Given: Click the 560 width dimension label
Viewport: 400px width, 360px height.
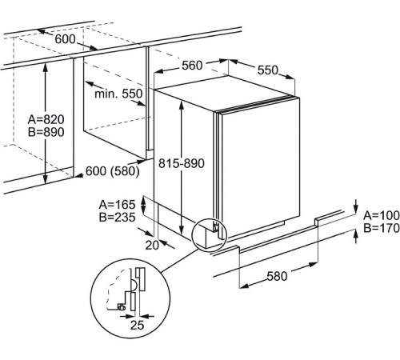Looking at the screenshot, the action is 192,66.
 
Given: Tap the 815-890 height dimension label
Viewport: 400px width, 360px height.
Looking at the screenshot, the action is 182,163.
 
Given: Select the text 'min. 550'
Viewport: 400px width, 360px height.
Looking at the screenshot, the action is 118,94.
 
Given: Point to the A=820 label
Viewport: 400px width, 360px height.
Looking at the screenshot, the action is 46,119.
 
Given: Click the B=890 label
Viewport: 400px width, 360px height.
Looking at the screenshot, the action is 46,132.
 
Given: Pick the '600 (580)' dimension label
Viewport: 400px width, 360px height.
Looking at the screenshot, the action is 113,171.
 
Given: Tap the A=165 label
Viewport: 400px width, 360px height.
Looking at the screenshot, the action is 117,205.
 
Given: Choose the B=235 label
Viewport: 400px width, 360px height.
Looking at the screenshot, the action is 117,218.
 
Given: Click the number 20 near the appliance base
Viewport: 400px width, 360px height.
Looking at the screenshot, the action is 152,245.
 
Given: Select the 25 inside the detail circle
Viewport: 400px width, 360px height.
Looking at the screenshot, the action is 137,325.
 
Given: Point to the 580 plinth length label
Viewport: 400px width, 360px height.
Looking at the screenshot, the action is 278,276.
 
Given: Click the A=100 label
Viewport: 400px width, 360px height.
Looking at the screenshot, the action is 382,215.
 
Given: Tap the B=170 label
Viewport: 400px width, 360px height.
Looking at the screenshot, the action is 382,228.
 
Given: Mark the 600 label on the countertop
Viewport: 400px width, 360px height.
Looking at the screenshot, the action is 65,39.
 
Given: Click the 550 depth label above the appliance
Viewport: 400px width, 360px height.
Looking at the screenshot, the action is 268,70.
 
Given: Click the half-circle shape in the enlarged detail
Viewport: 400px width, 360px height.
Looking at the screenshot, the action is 135,285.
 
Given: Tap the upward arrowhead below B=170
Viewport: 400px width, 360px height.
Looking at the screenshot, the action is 356,234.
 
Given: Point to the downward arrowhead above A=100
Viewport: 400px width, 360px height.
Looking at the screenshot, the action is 356,209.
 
